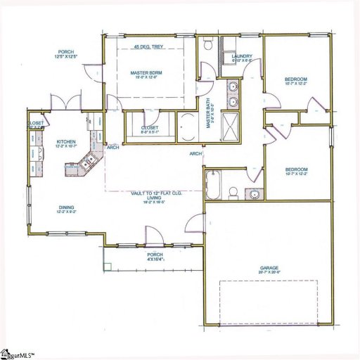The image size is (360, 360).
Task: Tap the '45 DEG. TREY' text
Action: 148,48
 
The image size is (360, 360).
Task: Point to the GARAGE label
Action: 269,268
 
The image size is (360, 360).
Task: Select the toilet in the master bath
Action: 209,45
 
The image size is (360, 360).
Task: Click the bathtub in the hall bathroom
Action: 214,184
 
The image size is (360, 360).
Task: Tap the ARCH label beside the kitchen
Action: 112,148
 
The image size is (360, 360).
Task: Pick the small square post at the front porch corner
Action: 107,266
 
